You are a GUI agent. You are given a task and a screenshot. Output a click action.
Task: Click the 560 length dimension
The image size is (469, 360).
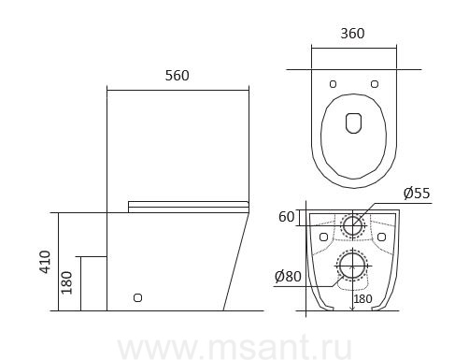[x=177, y=76]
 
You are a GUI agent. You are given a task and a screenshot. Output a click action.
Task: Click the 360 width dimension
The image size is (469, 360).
[x=352, y=34]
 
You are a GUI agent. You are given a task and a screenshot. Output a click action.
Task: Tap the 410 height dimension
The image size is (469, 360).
[x=46, y=262]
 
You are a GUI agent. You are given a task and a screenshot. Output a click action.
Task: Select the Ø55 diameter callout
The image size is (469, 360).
[x=417, y=194]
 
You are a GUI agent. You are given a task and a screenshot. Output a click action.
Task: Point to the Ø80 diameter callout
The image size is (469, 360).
[x=288, y=276]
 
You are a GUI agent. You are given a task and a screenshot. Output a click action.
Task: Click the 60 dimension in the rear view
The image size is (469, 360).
[x=286, y=217]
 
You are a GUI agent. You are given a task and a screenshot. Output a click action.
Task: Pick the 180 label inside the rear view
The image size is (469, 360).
[x=362, y=299]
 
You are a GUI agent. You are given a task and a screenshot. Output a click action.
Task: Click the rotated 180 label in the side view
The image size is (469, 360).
[x=67, y=282]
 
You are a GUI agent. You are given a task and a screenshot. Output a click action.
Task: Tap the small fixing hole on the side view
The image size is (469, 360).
[x=137, y=298]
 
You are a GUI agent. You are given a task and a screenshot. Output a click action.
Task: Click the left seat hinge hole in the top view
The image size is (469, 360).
[x=333, y=84]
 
